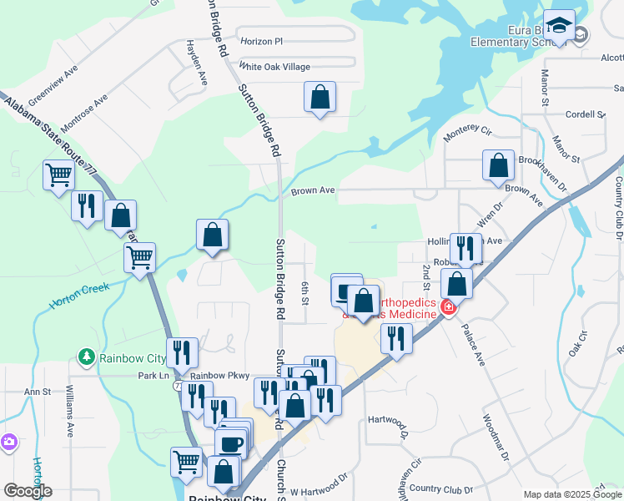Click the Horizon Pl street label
(262, 40)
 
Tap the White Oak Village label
(274, 67)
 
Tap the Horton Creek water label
(80, 296)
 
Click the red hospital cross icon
(448, 308)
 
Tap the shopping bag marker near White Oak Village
(320, 98)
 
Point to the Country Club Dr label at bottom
(440, 489)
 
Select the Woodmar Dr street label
(494, 438)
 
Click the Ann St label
(38, 391)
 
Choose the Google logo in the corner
(28, 491)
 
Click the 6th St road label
(305, 293)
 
